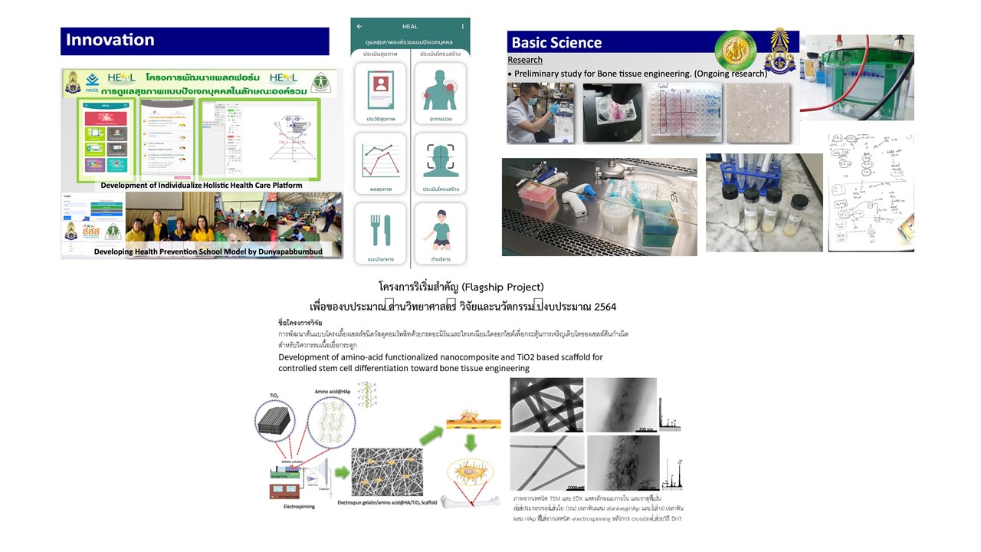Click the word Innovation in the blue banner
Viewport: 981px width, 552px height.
[x=110, y=40]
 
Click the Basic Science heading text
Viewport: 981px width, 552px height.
[x=556, y=43]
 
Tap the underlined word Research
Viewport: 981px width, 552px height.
[x=525, y=60]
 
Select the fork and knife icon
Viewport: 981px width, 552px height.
[x=381, y=229]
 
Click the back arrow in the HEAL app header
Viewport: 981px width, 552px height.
[x=359, y=27]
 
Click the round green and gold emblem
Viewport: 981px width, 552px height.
[x=734, y=51]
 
